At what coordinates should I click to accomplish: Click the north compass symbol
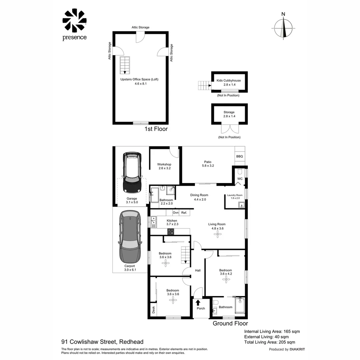coord(284,28)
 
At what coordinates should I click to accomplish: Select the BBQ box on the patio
coord(240,156)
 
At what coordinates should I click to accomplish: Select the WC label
coord(240,179)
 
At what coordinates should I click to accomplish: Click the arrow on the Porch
coord(198,303)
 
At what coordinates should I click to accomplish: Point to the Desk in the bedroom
coord(154,310)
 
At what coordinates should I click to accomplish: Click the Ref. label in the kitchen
coord(184,213)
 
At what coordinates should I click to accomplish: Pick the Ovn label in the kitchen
coord(176,213)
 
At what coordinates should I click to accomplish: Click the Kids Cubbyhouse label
coord(229,81)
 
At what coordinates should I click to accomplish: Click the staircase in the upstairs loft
coord(125,65)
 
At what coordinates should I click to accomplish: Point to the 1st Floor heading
coord(156,129)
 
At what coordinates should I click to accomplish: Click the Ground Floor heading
coord(230,323)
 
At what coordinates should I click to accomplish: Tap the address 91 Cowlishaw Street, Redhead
coord(102,342)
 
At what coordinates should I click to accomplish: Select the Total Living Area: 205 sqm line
coord(270,342)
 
